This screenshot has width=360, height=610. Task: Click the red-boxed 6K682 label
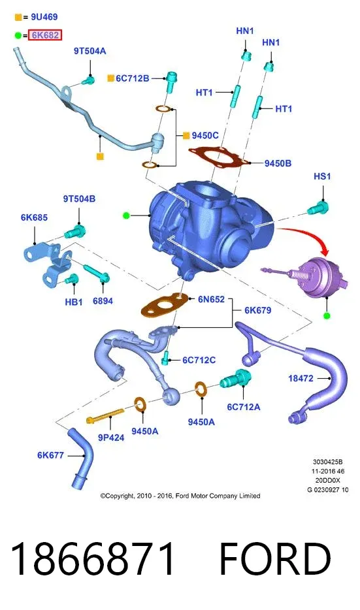[45, 35]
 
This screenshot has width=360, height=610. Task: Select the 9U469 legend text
[44, 17]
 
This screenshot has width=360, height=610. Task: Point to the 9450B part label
[278, 163]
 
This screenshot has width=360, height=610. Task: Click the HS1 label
[322, 176]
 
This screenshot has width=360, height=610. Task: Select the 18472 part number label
[301, 378]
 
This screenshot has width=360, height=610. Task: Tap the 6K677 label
[50, 455]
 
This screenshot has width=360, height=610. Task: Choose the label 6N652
[211, 299]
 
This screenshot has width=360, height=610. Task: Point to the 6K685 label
[34, 217]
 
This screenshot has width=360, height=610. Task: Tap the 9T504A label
[90, 51]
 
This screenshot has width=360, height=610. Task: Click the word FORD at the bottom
[276, 559]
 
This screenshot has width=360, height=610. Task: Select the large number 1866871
[93, 559]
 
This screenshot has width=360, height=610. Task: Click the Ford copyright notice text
[180, 496]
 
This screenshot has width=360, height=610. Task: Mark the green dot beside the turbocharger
[126, 215]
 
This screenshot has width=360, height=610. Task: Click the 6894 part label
[103, 300]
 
